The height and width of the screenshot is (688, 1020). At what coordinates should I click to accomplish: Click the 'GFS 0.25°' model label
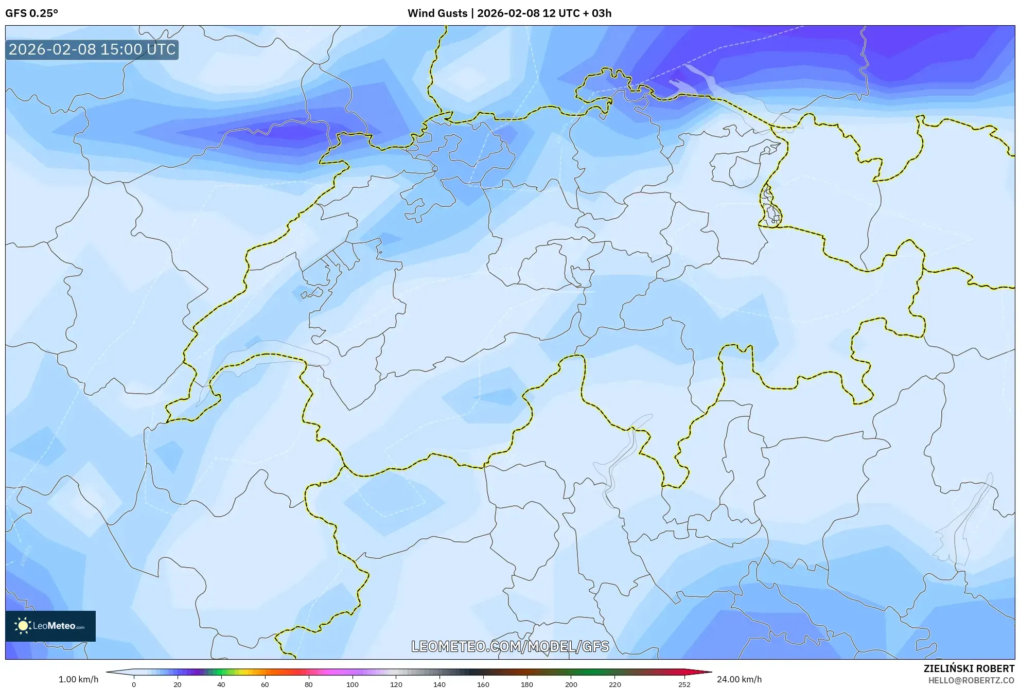coord(31,13)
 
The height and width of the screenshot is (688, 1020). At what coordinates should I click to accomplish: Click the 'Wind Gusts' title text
coord(437,13)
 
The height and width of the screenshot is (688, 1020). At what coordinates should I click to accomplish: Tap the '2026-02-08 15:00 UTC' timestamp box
coord(92,49)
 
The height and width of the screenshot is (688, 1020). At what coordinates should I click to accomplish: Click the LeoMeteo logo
coord(50,626)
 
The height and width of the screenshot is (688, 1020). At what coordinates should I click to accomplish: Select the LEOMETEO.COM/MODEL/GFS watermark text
coord(510,646)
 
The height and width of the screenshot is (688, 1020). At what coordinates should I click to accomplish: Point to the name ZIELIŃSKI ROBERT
coord(969,668)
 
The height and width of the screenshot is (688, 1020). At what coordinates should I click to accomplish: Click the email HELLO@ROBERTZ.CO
coord(971,680)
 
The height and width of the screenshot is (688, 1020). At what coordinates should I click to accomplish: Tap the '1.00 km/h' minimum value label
coord(78,679)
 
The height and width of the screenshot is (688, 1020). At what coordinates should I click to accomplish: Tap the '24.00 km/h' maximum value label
coord(739,679)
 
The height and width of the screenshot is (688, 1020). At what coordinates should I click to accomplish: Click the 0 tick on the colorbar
coord(134,684)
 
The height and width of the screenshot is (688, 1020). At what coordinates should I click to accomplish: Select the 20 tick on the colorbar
coord(178,684)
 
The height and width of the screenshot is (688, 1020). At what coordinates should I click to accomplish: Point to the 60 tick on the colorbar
coord(265,684)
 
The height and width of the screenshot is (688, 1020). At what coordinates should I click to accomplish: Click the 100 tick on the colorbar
coord(352,684)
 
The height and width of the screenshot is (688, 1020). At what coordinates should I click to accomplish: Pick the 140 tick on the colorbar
coord(439,684)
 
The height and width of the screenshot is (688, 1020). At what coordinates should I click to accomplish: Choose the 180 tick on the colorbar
coord(527,684)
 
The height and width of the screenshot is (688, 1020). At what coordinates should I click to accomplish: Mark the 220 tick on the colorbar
coord(614,684)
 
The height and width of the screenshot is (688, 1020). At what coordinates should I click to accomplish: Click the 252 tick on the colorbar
coord(684,684)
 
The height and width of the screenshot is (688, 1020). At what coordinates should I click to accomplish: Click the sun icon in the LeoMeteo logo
coord(23,626)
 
